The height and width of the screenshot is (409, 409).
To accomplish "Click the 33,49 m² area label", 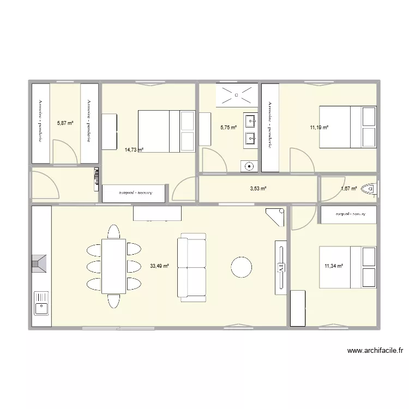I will (x=159, y=266).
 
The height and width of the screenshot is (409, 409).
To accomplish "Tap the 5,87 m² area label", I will (x=65, y=123).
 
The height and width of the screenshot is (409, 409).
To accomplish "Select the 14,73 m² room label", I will (x=134, y=149).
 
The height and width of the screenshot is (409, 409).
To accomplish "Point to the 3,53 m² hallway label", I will (x=258, y=189).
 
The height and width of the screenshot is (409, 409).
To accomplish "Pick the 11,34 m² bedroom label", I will (x=334, y=266).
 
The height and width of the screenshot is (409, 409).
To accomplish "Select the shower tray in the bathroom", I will (x=237, y=95).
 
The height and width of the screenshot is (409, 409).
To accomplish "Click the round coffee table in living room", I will (x=241, y=267).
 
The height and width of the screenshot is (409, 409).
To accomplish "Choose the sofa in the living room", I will (x=193, y=267).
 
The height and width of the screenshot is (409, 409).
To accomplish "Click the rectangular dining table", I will (x=114, y=266).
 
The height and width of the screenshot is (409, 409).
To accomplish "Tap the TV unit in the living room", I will (x=281, y=267).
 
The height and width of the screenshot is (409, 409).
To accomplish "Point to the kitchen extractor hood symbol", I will (x=40, y=264).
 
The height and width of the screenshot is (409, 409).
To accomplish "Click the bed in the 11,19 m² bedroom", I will (x=347, y=127).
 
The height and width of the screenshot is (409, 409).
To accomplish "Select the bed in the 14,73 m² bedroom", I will (x=166, y=131).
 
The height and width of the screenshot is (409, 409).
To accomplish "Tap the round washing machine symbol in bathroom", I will (x=249, y=166).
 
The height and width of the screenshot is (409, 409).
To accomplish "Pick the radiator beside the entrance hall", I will (x=97, y=177).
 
